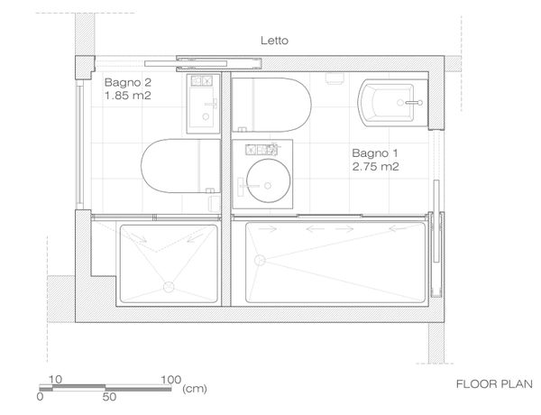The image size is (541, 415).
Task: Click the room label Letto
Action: coord(274,41)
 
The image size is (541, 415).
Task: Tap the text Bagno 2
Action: coord(128,82)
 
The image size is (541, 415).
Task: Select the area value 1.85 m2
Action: coord(128,96)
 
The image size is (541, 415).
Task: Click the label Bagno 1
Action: coord(375,153)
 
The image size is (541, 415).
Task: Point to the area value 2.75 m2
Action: coord(375,167)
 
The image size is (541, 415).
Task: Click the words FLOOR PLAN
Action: coord(494,384)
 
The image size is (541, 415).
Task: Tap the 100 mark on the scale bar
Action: coord(170,380)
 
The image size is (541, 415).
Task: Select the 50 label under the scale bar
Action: coord(109,397)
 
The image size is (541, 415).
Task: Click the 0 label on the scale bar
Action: coord(40,397)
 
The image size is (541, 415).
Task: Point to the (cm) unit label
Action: coord(195,389)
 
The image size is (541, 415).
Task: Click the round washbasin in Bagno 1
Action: coord(269,180)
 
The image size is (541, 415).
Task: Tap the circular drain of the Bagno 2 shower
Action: coord(169,287)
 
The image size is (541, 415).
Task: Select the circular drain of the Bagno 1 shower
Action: coord(260,260)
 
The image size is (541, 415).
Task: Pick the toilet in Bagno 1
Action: coord(271,105)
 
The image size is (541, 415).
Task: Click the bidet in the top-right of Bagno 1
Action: coord(386,103)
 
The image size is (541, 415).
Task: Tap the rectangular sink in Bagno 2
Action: coord(203,104)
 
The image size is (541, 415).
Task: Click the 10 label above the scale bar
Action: coord(55,380)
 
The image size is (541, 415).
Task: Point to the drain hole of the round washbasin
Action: coord(268,186)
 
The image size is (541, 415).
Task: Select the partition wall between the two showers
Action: coord(226,261)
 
